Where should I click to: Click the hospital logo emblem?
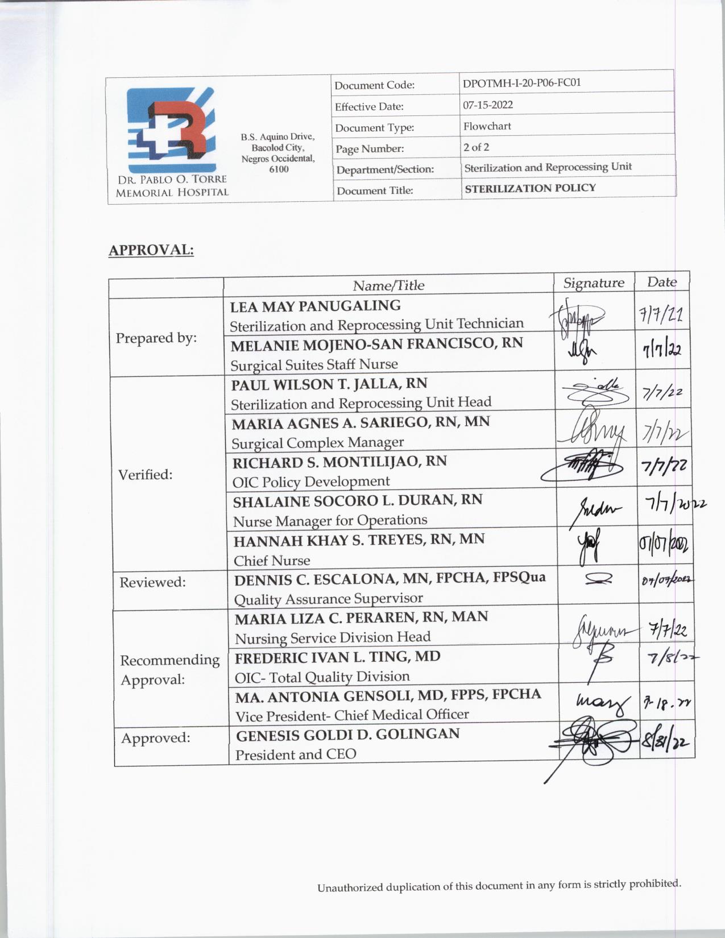[171, 130]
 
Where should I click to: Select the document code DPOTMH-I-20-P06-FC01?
[521, 83]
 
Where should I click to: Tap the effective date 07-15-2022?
[488, 105]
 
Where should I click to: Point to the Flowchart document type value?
[487, 126]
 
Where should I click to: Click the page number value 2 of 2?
[476, 147]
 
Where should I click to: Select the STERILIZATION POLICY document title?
[530, 188]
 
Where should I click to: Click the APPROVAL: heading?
[151, 250]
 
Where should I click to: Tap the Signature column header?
[594, 283]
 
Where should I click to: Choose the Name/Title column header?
[388, 285]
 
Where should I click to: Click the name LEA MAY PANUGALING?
[315, 306]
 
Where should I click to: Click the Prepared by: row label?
[156, 338]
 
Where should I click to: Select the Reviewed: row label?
[152, 582]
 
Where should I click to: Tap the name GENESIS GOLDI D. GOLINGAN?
[347, 734]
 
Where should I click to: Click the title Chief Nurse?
[272, 561]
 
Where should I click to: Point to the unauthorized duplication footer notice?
[499, 886]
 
